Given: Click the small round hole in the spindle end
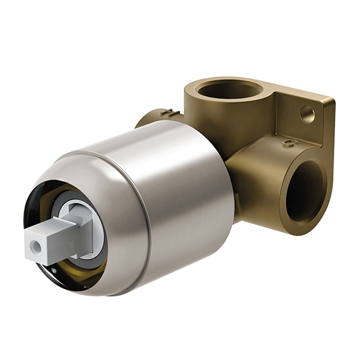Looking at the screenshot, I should point(38,245).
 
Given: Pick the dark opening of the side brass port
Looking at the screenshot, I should point(303,195).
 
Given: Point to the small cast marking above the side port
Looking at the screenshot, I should point(289,143).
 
